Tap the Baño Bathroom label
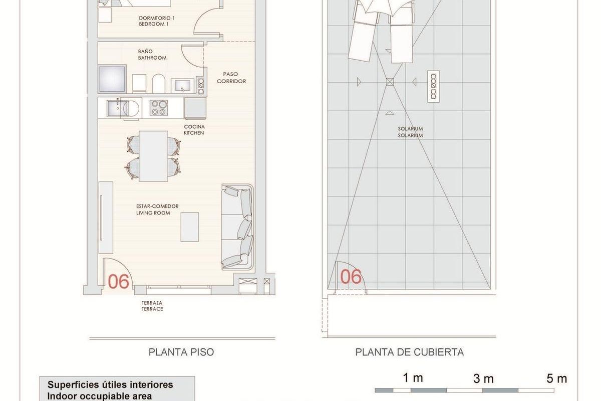click(x=152, y=55)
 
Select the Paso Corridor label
click(x=231, y=77)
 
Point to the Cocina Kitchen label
click(x=194, y=130)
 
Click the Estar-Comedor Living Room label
click(x=157, y=210)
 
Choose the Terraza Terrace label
click(x=152, y=306)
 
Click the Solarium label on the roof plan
click(x=411, y=132)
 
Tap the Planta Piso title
click(x=181, y=352)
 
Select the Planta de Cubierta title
click(x=409, y=352)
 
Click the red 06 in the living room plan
click(x=119, y=282)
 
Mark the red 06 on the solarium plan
click(x=351, y=277)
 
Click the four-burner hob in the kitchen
click(x=159, y=108)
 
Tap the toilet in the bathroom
click(x=158, y=84)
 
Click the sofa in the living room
click(x=238, y=227)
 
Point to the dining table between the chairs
click(x=153, y=156)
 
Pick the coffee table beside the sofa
click(x=190, y=227)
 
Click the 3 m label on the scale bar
click(x=484, y=378)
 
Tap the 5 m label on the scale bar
click(x=556, y=378)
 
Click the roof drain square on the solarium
click(x=390, y=82)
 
